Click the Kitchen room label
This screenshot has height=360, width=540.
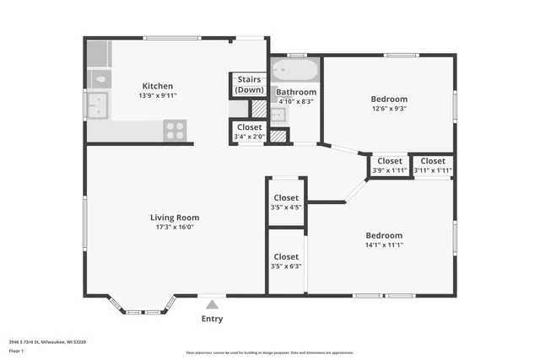pos(158,86)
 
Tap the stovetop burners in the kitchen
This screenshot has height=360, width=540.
pos(175,130)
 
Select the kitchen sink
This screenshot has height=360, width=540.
pos(100,106)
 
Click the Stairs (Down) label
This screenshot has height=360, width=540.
pos(249,84)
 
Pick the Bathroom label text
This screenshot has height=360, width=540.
pos(296,92)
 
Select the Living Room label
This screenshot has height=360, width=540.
pos(175,218)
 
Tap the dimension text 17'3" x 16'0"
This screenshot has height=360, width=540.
pos(175,228)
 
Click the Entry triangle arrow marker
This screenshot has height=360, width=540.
pos(213,304)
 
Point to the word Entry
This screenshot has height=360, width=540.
pos(213,319)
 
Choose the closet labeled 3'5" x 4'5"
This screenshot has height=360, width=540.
pos(286,202)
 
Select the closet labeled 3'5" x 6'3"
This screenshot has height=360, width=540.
pos(286,261)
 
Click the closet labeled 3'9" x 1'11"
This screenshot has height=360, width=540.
pos(389,165)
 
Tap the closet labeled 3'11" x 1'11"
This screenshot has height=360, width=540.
pos(433,165)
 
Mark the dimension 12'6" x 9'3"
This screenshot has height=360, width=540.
pos(389,109)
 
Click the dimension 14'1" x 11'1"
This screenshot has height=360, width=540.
pos(384,245)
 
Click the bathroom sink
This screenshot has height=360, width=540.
pos(278,114)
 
